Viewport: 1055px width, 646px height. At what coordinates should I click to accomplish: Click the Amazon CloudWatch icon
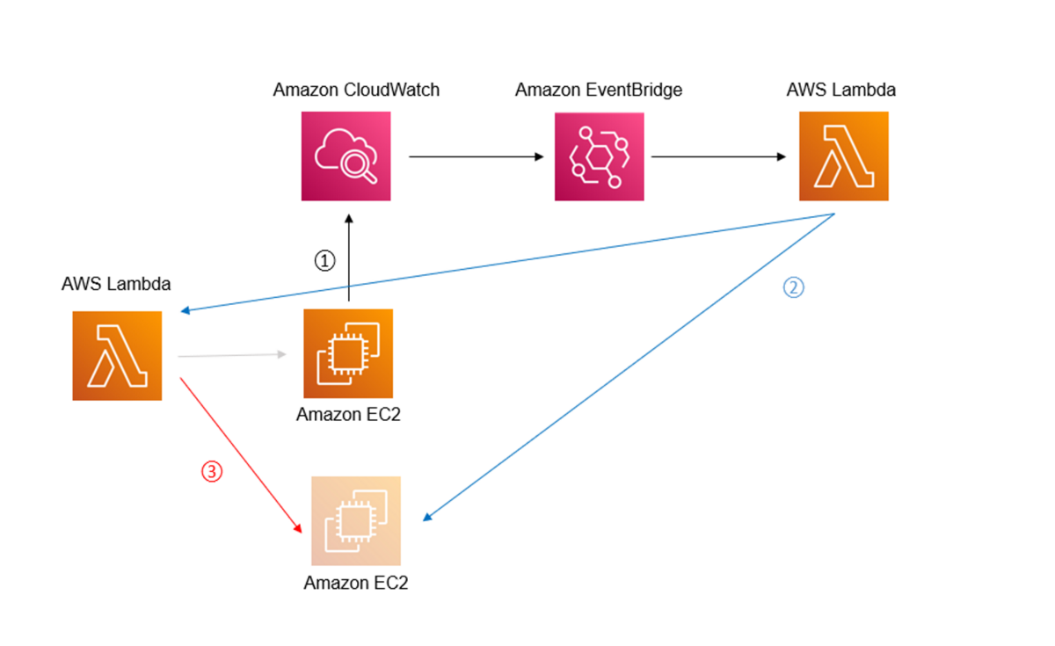pos(346,156)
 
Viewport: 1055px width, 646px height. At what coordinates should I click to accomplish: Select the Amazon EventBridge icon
pos(599,156)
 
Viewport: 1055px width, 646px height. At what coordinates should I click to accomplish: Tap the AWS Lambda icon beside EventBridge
pos(843,156)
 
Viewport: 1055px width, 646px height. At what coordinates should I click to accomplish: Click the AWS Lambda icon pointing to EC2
pos(117,356)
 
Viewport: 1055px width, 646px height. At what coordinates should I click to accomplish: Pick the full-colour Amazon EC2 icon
pos(348,353)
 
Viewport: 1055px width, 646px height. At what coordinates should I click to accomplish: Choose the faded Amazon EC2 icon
pos(355,520)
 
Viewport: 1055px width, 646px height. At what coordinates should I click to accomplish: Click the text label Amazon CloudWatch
pos(356,90)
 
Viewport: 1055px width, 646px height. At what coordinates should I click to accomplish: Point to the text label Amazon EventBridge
pos(598,90)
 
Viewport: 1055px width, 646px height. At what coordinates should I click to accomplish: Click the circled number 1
pos(325,261)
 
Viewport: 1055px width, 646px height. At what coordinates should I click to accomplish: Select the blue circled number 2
pos(793,287)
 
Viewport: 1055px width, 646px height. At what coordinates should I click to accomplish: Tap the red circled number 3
pos(212,471)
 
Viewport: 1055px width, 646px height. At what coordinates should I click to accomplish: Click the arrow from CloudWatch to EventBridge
pos(476,156)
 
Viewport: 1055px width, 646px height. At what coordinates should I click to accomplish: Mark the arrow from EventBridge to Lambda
pos(717,156)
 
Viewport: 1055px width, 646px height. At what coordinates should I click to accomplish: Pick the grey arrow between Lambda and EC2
pos(232,355)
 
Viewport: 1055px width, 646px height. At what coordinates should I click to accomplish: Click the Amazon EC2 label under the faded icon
pos(356,583)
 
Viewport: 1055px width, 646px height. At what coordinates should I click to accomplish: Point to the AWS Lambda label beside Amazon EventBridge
pos(843,90)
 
